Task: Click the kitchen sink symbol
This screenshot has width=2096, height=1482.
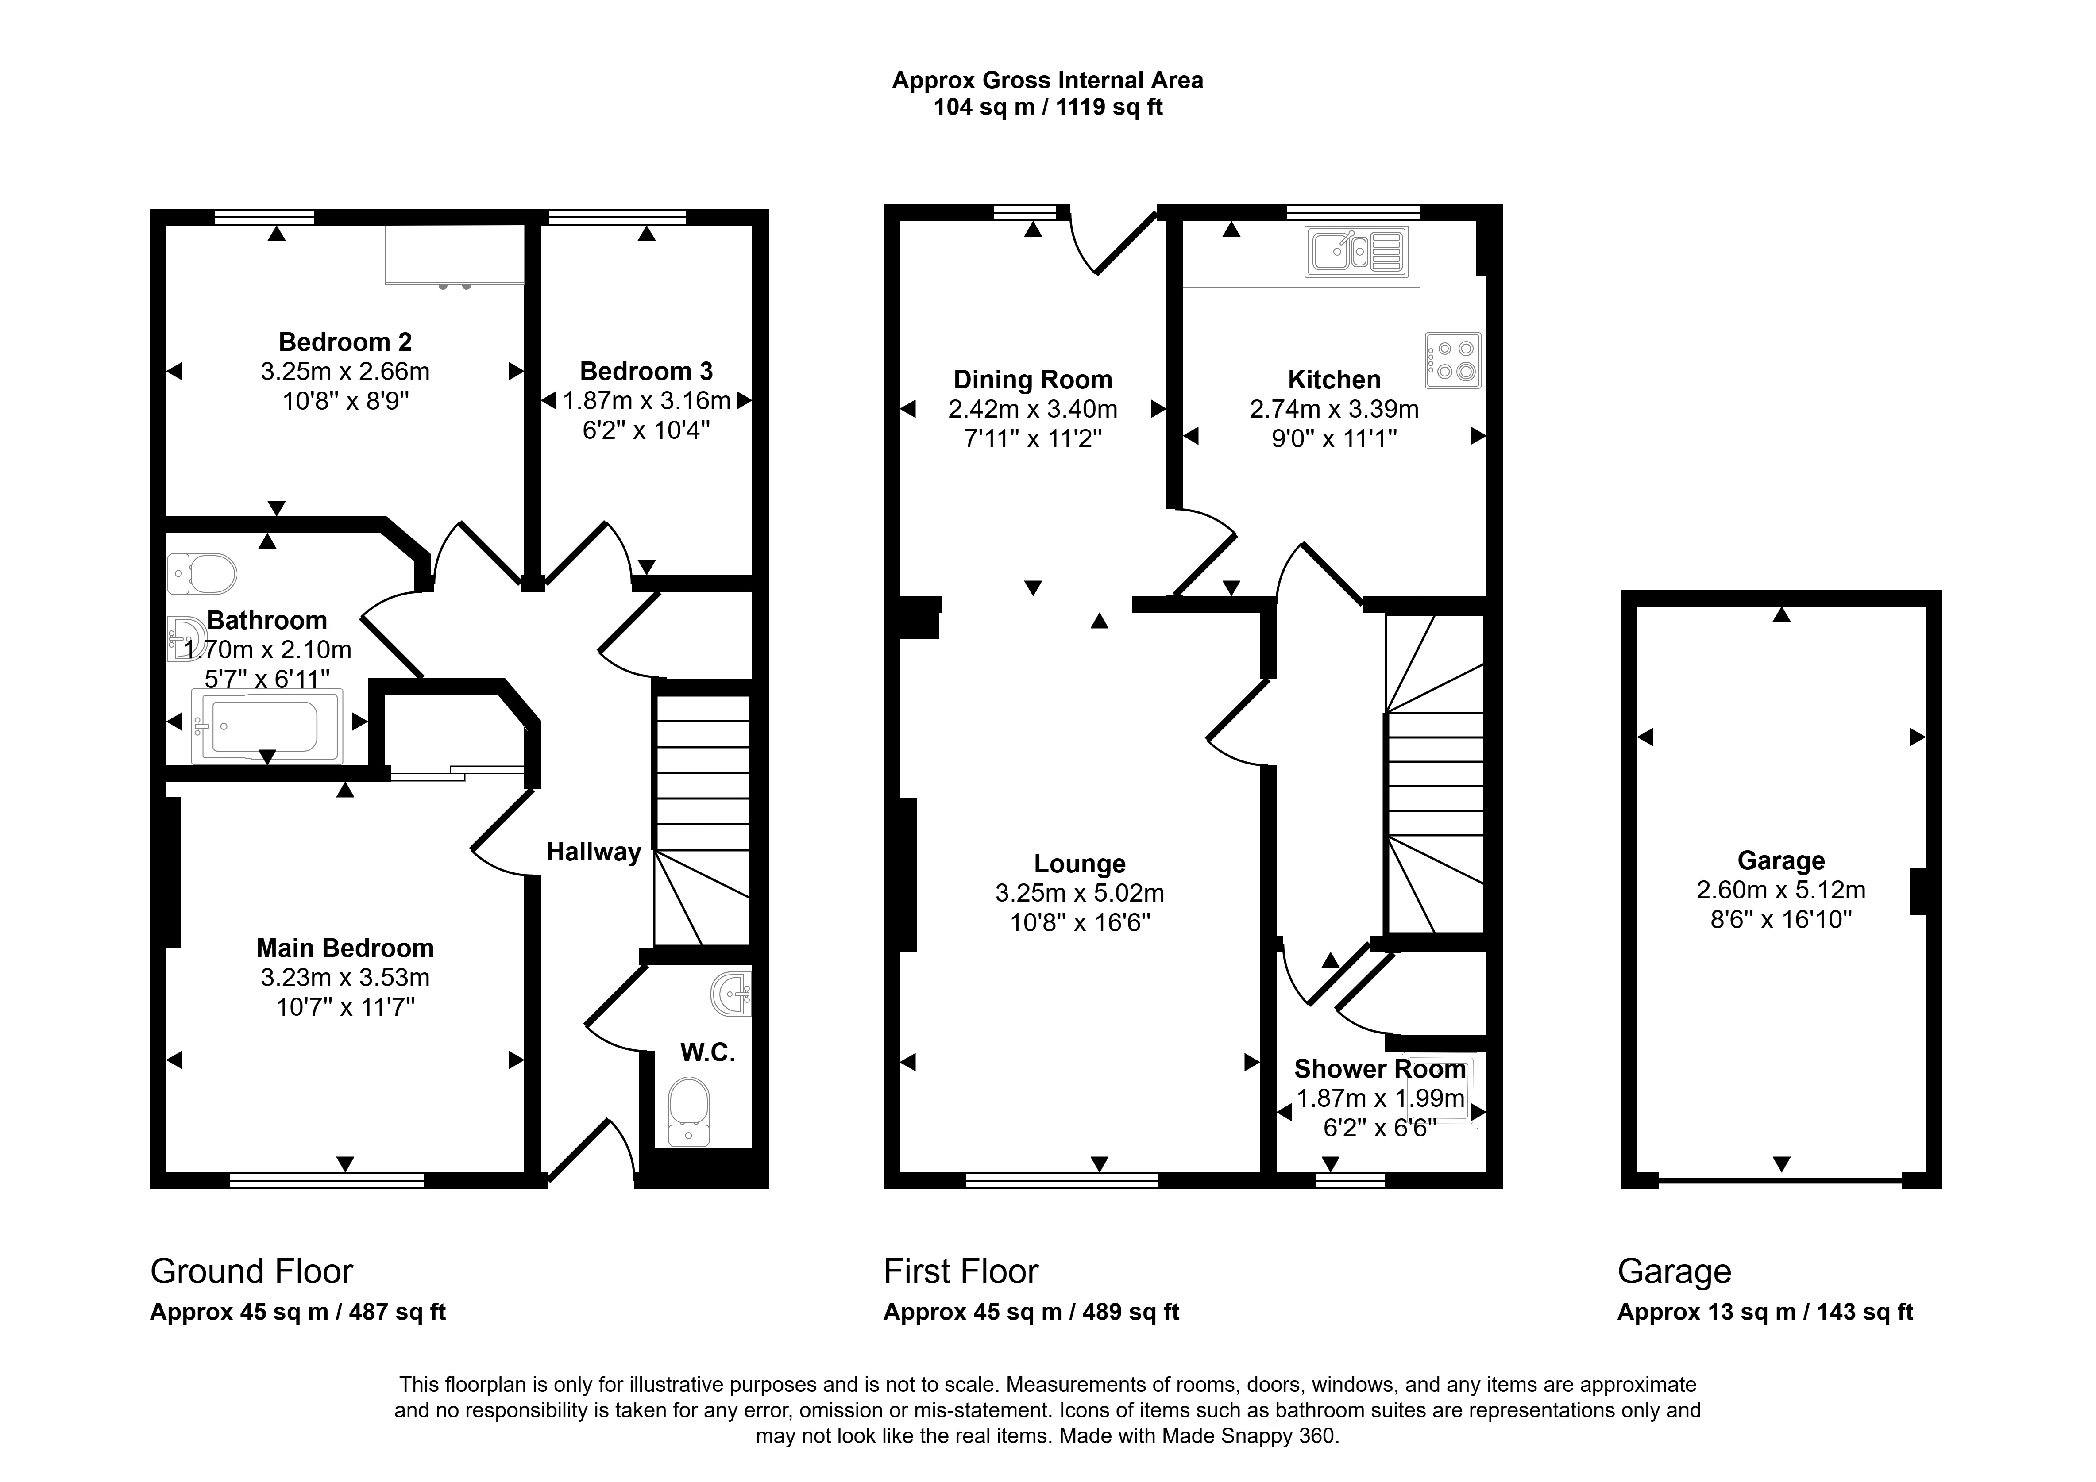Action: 1358,251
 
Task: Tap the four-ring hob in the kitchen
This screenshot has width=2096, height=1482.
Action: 1452,361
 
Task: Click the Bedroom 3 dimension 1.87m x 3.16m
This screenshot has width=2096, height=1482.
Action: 646,401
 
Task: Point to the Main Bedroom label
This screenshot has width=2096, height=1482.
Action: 345,948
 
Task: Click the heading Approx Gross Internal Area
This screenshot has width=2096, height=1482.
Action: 1048,81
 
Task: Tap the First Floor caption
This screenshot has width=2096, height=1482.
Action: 961,1271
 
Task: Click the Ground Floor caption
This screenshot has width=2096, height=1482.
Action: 252,1271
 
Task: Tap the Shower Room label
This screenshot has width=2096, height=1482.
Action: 1380,1069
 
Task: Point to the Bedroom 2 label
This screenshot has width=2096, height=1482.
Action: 345,342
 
